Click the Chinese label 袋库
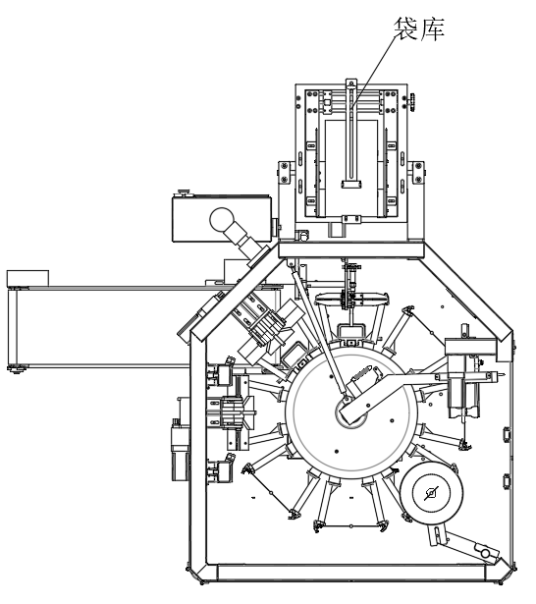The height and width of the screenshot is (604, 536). (x=419, y=28)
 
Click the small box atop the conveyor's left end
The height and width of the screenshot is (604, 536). (x=27, y=278)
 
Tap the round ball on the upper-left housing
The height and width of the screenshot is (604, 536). (x=222, y=219)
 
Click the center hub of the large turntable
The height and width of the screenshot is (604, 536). (x=350, y=413)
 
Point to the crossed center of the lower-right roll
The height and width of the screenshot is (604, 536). (x=431, y=493)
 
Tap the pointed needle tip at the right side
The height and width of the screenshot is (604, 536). (x=502, y=373)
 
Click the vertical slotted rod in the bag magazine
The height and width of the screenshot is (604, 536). (x=350, y=133)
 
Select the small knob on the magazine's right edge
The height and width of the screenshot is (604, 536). (x=412, y=102)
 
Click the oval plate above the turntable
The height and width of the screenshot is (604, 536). (x=351, y=300)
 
